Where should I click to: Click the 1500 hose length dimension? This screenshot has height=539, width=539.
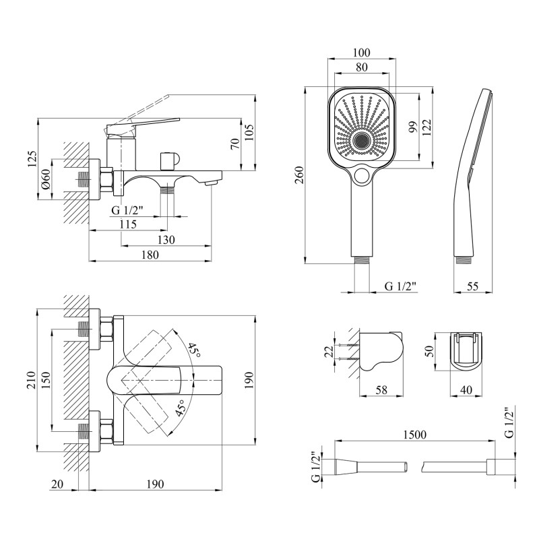click(414, 435)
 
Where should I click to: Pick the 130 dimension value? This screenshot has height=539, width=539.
click(164, 240)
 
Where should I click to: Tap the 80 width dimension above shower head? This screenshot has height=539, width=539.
click(362, 67)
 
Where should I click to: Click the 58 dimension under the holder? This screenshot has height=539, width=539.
click(380, 389)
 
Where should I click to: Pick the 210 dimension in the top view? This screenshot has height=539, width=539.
click(30, 381)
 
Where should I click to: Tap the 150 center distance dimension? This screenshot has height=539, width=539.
click(45, 381)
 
